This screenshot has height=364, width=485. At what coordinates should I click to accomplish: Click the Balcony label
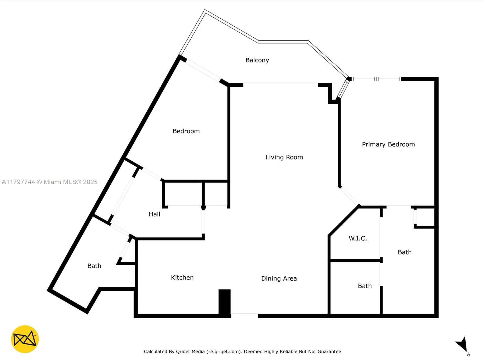pyautogui.click(x=257, y=60)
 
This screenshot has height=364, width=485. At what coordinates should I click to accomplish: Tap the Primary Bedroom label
pyautogui.click(x=388, y=144)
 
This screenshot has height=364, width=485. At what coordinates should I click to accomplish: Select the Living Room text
pyautogui.click(x=284, y=157)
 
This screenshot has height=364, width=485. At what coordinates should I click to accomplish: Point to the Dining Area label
pyautogui.click(x=279, y=278)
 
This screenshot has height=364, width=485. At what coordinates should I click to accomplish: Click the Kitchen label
pyautogui.click(x=182, y=277)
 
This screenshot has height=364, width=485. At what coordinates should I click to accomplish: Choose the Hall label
pyautogui.click(x=155, y=214)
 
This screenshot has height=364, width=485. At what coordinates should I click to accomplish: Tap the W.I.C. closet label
pyautogui.click(x=358, y=238)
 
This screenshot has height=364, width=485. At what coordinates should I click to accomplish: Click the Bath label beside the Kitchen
pyautogui.click(x=94, y=266)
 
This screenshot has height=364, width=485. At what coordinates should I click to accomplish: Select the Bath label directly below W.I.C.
pyautogui.click(x=365, y=286)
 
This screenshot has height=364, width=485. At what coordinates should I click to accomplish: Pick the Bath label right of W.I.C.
pyautogui.click(x=405, y=252)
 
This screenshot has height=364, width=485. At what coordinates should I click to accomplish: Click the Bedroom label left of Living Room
pyautogui.click(x=186, y=131)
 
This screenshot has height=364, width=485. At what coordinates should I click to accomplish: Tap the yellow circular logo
pyautogui.click(x=25, y=339)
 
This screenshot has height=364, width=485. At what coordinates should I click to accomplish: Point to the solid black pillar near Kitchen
pyautogui.click(x=225, y=302)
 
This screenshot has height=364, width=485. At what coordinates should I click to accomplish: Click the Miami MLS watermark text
pyautogui.click(x=49, y=182)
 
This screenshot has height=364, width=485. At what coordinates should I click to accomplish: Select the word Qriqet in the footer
pyautogui.click(x=183, y=352)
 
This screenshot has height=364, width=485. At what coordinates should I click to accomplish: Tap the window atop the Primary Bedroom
pyautogui.click(x=376, y=79)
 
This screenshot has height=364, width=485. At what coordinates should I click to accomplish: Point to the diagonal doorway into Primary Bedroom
pyautogui.click(x=349, y=196)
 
